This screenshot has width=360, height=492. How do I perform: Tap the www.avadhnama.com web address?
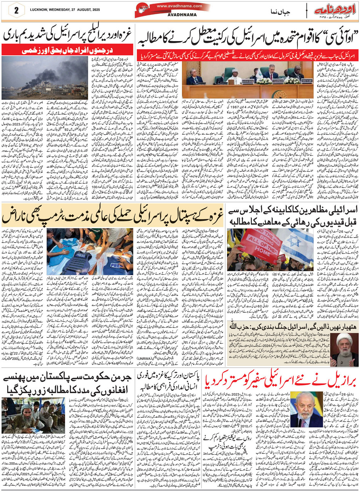[179, 6]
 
